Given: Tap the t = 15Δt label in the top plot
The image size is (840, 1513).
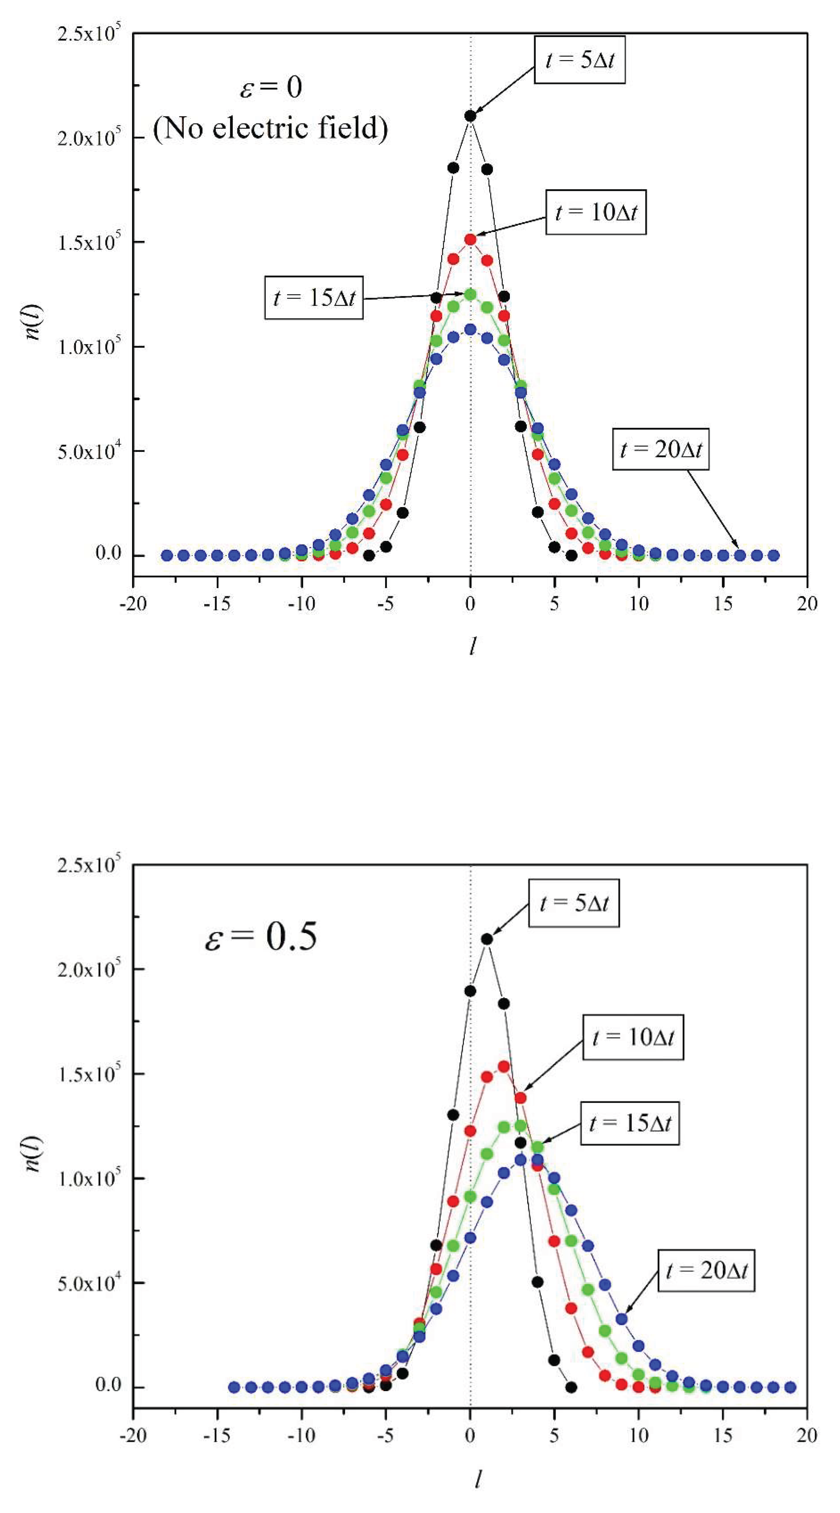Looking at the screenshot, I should pyautogui.click(x=314, y=298).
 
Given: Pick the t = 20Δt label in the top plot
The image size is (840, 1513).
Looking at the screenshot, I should pyautogui.click(x=660, y=449).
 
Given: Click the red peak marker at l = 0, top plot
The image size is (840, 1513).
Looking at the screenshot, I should pyautogui.click(x=470, y=239).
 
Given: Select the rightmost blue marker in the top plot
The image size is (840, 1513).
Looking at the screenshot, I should pyautogui.click(x=774, y=555).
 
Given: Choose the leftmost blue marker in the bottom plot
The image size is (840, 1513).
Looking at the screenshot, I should pyautogui.click(x=234, y=1387).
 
